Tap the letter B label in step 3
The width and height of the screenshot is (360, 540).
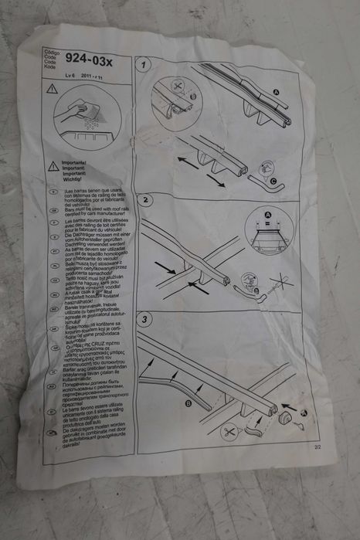click(188, 402)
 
